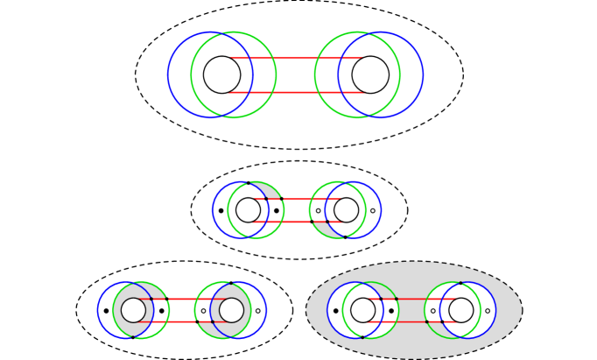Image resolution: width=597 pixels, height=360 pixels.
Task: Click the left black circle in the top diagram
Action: tap(221, 74)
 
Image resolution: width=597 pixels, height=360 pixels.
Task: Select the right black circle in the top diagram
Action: tap(370, 74)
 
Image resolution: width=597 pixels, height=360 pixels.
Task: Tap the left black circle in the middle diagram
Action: tap(248, 210)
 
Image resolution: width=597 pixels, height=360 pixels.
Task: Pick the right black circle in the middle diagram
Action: tap(346, 210)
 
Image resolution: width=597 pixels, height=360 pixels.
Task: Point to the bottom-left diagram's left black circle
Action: tap(133, 310)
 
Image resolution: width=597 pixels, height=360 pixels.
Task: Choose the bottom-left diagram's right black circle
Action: tap(231, 310)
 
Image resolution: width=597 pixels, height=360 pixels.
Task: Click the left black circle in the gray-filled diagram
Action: tap(362, 310)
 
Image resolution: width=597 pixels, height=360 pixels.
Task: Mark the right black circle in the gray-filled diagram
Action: tap(460, 310)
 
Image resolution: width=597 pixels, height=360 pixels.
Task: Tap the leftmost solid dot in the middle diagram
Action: tap(221, 210)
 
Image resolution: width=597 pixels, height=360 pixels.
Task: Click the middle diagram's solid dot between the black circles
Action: tap(277, 210)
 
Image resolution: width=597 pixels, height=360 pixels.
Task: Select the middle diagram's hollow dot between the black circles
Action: tap(318, 210)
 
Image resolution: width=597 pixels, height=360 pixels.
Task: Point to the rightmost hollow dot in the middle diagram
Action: tap(373, 210)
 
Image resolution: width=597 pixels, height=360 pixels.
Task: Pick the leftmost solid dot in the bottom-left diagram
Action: tap(106, 310)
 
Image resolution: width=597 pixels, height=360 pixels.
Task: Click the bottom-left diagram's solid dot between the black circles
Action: tap(161, 310)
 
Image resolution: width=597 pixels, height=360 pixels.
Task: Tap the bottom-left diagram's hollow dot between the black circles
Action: tap(203, 310)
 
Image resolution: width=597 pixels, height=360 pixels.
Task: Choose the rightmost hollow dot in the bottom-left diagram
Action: tap(258, 310)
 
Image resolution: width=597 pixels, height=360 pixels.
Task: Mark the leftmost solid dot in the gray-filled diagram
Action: tap(335, 310)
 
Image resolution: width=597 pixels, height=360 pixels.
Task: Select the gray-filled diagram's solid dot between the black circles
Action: tap(391, 310)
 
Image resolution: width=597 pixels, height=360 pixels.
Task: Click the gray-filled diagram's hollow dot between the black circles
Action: tap(432, 310)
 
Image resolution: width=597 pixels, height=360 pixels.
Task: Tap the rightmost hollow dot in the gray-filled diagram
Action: tap(488, 310)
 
